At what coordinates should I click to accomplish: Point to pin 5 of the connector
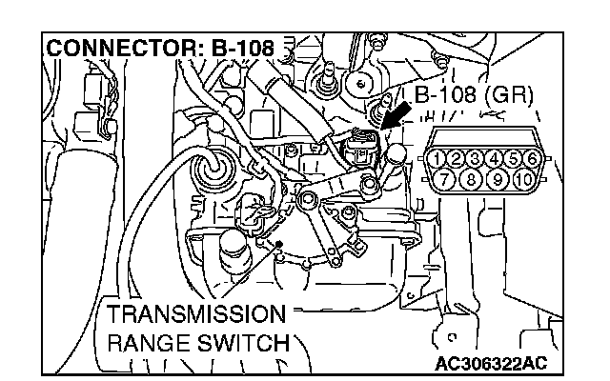tap(515, 158)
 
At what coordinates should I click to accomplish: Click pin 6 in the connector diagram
tap(533, 158)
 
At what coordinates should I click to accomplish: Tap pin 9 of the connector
tap(498, 177)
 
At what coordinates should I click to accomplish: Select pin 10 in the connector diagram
tap(523, 177)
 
